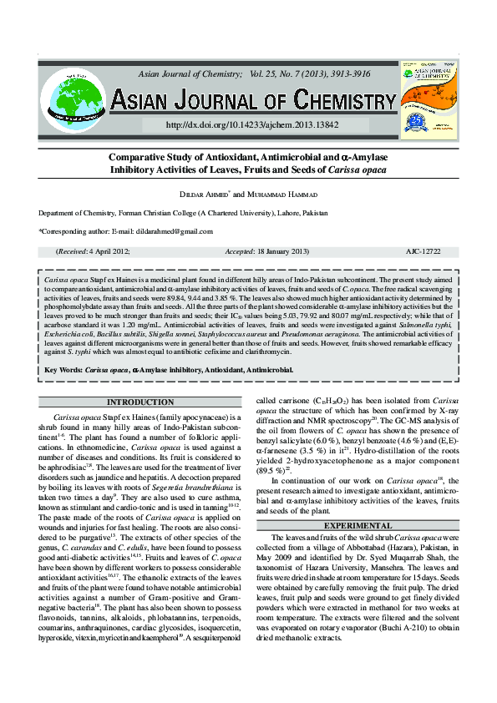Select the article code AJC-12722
(423, 251)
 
